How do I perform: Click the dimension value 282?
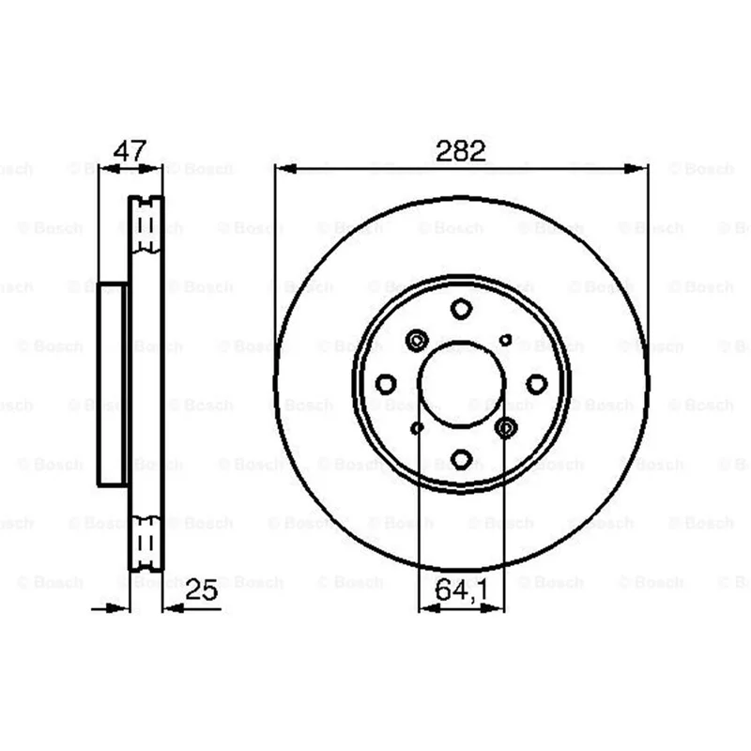pos(461,150)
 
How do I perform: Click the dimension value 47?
pos(130,151)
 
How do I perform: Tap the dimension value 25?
pos(202,590)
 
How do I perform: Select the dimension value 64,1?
pos(462,590)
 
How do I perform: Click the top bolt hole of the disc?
pos(461,309)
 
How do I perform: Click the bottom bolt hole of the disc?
pos(461,459)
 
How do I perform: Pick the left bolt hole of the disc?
pos(386,384)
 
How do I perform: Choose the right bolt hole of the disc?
pos(536,384)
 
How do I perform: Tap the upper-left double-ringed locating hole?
pos(417,341)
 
